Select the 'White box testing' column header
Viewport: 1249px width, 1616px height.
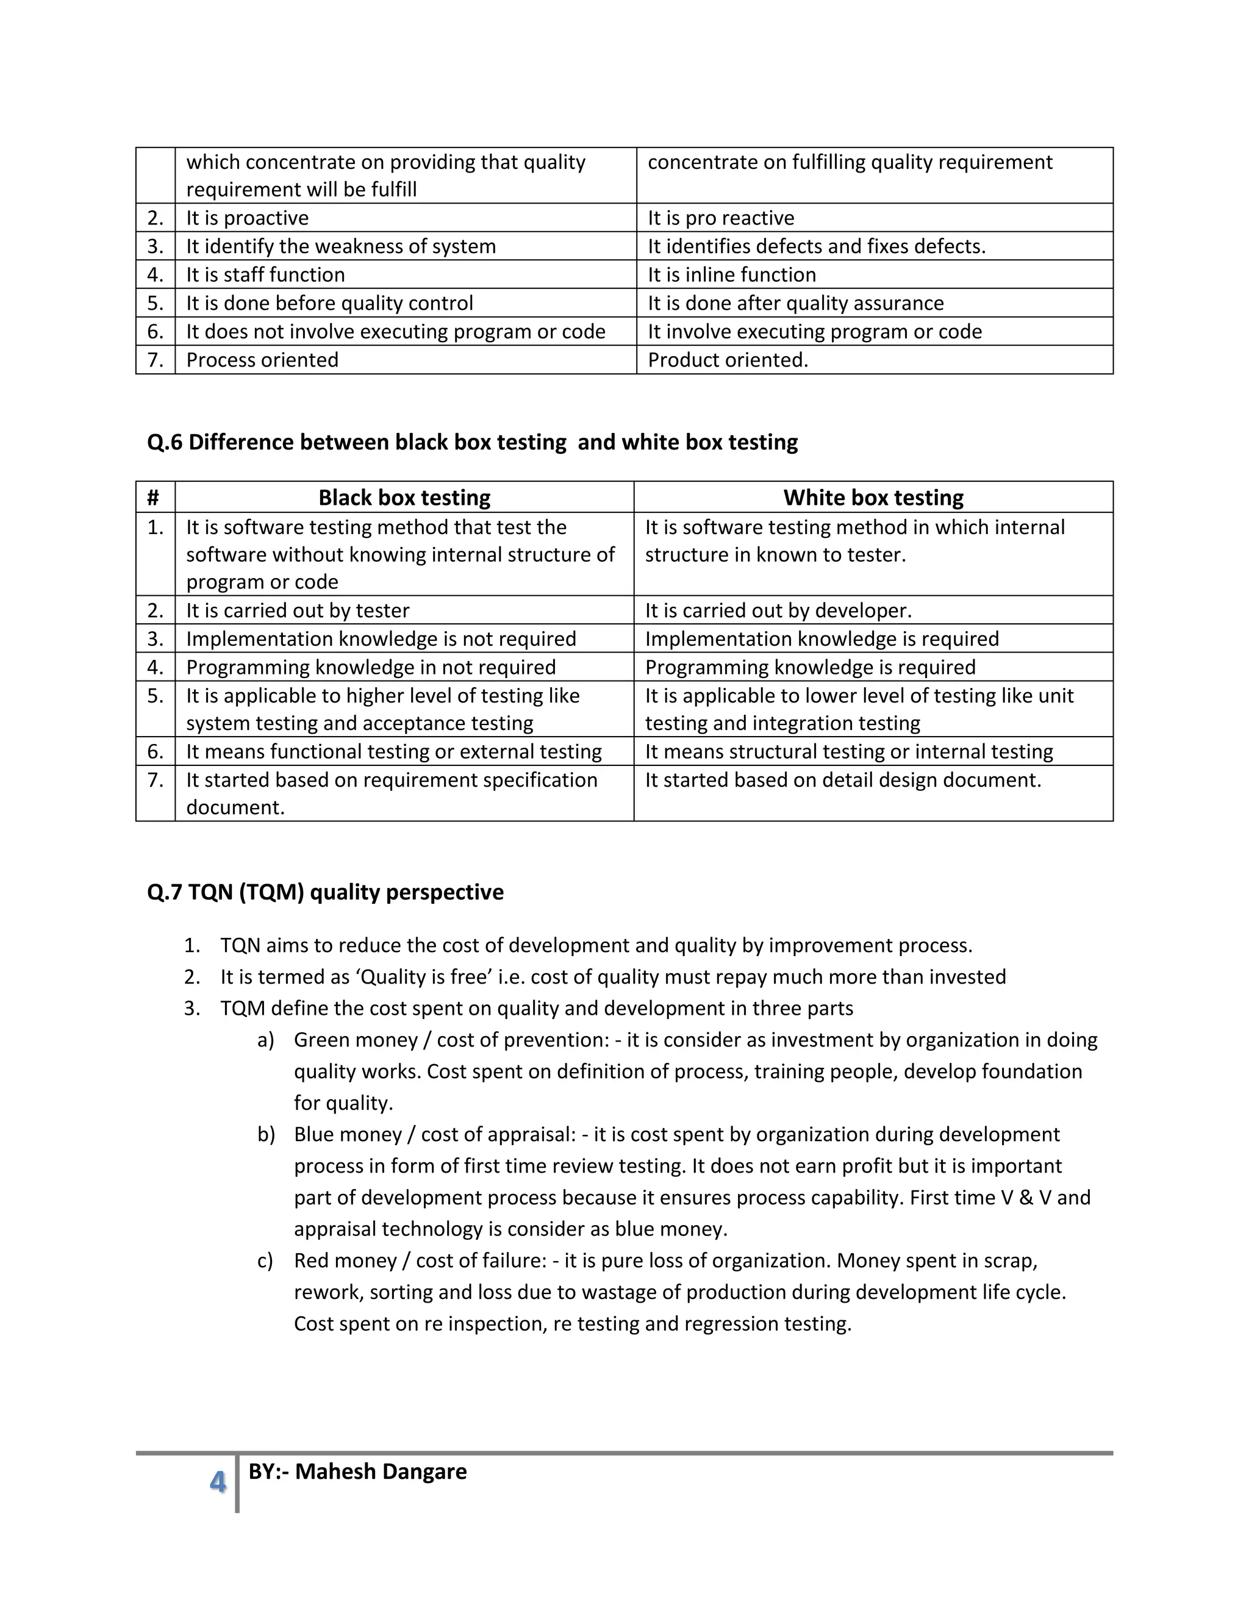coord(873,497)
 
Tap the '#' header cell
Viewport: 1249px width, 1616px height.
coord(153,497)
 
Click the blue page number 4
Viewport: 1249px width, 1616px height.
coord(218,1481)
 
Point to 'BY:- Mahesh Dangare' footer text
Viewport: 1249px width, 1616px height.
coord(357,1471)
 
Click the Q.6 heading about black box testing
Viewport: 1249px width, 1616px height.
coord(472,442)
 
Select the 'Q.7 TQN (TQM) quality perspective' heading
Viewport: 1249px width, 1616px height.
coord(325,892)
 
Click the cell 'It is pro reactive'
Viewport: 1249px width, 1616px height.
coord(721,218)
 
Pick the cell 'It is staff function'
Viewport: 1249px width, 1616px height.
coord(266,274)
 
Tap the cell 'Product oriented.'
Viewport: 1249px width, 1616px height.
coord(728,360)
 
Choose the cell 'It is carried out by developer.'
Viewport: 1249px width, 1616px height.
coord(778,610)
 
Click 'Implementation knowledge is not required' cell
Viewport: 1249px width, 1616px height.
coord(381,638)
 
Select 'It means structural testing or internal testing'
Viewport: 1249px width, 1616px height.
coord(849,751)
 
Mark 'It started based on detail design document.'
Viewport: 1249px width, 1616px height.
coord(843,780)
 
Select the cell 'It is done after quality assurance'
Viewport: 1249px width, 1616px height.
coord(795,302)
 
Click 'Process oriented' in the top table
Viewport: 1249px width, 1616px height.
coord(262,360)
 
